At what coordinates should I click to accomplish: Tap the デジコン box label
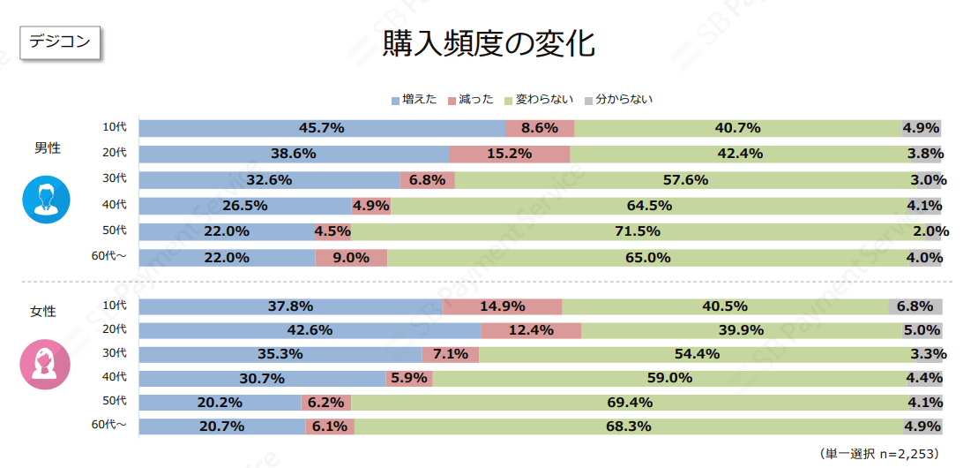(x=60, y=42)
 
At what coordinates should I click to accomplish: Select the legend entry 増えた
(x=414, y=100)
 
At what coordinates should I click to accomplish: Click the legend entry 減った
(x=471, y=100)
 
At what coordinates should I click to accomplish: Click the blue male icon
(x=43, y=200)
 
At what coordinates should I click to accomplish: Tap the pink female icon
(x=43, y=363)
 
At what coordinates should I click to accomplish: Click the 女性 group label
(x=43, y=311)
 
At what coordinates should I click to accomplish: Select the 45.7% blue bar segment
(x=322, y=128)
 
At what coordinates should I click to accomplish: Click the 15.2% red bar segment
(x=510, y=154)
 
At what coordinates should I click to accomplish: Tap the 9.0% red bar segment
(x=351, y=258)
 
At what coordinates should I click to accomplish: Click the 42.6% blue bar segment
(x=310, y=331)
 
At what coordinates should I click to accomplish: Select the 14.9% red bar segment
(x=503, y=306)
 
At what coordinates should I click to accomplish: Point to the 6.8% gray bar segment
(x=915, y=306)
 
